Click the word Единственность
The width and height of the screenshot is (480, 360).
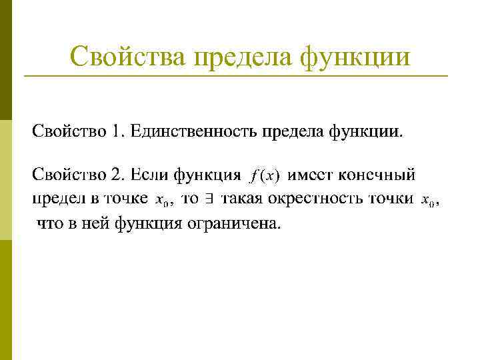point(193,131)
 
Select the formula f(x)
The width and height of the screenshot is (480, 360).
point(265,177)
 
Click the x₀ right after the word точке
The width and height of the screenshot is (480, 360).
point(161,200)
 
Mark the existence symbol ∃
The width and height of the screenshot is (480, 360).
point(208,199)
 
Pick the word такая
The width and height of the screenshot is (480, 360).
point(243,199)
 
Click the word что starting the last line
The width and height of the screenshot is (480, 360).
point(49,223)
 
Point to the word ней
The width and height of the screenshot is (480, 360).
point(95,223)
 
